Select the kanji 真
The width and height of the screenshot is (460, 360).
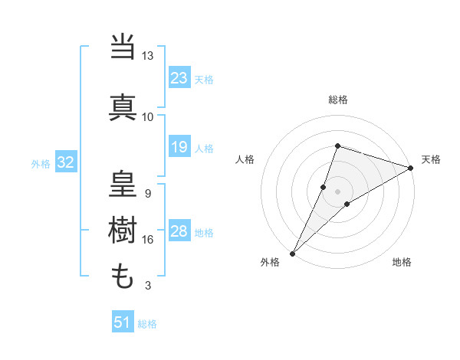(124, 106)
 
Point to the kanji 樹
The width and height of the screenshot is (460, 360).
(124, 230)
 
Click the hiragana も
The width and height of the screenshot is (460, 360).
(123, 275)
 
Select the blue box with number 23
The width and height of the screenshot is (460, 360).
(179, 78)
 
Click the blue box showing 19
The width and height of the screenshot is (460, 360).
(179, 147)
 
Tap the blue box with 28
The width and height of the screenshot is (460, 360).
(179, 232)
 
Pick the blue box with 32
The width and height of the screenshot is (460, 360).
(65, 162)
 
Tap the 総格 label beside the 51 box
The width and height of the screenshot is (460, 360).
(147, 324)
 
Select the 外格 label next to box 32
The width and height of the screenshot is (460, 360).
(41, 163)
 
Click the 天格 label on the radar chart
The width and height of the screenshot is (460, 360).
(431, 159)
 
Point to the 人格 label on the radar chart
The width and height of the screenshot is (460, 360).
(245, 159)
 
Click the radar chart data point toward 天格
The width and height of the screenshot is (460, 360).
(411, 167)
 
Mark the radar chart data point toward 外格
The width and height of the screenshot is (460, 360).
(292, 253)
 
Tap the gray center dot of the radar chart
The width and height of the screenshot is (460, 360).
(337, 191)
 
